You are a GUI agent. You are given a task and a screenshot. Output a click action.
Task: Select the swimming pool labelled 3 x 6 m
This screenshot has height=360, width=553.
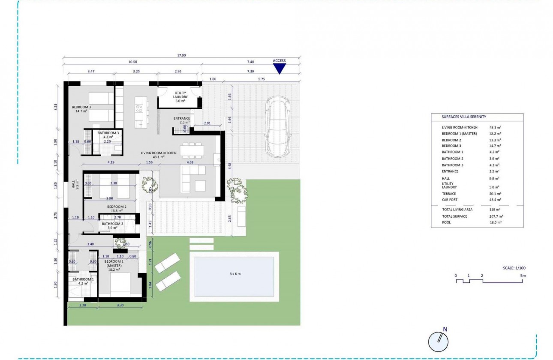pos(234,276)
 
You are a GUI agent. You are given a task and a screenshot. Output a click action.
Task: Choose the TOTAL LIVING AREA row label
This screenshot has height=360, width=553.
pos(457,210)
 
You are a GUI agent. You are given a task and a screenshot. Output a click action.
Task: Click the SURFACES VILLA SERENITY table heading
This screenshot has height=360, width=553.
pos(464,117)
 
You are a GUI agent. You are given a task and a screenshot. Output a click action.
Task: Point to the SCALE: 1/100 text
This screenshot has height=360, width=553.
pos(514,268)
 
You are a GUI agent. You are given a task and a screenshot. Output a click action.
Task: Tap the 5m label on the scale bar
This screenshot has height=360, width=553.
pos(523,276)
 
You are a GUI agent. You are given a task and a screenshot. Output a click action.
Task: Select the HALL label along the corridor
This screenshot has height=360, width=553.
pos(73,185)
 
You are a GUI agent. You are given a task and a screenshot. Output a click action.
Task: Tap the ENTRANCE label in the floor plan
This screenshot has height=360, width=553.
pos(182,118)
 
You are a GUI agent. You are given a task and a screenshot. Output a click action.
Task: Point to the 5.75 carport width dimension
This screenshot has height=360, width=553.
pos(261,79)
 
